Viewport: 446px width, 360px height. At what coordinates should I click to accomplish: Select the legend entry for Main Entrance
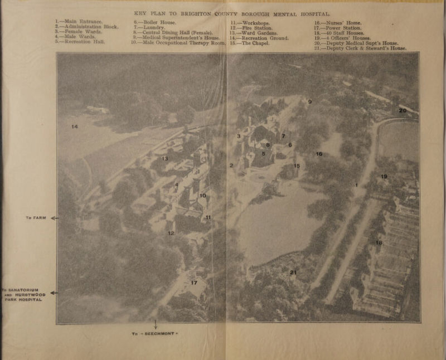(78, 21)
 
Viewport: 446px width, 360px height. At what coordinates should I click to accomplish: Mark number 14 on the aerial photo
(74, 127)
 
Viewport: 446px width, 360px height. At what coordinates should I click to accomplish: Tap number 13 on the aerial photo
(164, 159)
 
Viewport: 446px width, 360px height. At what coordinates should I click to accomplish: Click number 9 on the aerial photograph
(309, 101)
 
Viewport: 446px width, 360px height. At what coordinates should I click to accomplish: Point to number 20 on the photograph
(403, 110)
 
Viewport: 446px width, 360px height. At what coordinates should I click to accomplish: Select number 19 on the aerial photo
(384, 177)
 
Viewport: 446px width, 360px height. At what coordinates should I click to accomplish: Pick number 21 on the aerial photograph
(293, 272)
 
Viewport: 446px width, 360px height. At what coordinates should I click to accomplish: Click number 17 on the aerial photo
(194, 283)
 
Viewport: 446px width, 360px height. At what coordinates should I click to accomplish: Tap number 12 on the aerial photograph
(171, 233)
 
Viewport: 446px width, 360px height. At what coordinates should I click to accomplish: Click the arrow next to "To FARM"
(54, 218)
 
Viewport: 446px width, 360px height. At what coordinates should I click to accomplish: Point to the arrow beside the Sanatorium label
(54, 292)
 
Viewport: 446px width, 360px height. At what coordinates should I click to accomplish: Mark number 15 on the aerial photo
(297, 166)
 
